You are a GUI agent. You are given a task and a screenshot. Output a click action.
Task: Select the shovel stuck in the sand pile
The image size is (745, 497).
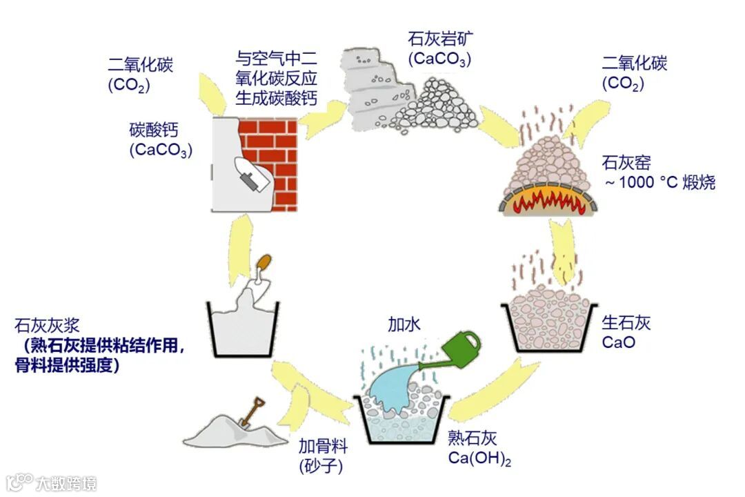(x=251, y=410)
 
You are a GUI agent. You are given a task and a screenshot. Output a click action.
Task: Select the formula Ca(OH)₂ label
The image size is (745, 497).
(x=479, y=457)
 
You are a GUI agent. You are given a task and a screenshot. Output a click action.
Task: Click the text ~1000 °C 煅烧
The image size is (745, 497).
(x=659, y=183)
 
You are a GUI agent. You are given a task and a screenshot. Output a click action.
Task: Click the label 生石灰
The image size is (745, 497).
(x=627, y=323)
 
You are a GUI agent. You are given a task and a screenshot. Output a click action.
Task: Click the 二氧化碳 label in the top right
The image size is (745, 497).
(x=635, y=64)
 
